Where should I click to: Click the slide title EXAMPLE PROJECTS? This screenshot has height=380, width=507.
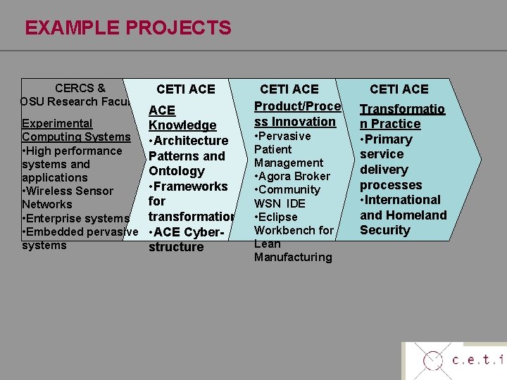point(127,28)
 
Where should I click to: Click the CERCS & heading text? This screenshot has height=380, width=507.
point(80,88)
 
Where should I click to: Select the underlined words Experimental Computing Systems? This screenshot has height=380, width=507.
point(76,129)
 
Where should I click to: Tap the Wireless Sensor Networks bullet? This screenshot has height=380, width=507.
point(68,197)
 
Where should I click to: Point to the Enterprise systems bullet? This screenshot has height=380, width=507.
point(76,218)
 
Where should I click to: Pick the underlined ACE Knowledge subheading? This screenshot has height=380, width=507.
point(182,118)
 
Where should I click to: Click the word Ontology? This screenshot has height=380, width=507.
point(177,171)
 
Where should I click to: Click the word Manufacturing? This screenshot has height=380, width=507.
point(293,257)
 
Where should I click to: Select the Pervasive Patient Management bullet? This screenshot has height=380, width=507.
point(287,149)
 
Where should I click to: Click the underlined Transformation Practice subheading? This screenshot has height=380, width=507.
point(401,116)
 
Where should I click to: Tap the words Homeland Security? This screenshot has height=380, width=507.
point(403,223)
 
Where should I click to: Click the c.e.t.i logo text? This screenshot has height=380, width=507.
point(478,360)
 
